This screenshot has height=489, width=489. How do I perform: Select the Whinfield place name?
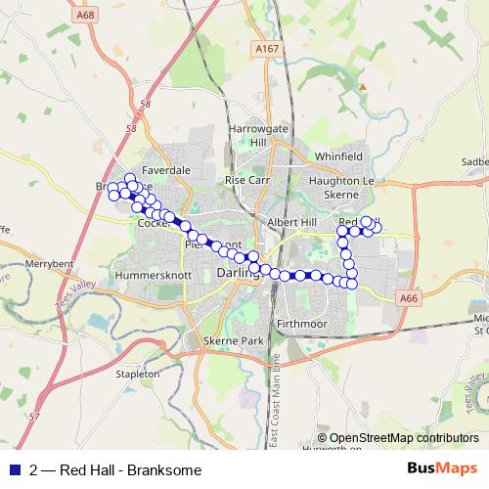pyautogui.click(x=337, y=156)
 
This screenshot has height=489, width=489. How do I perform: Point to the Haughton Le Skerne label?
pyautogui.click(x=341, y=189)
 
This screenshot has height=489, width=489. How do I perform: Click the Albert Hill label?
pyautogui.click(x=292, y=223)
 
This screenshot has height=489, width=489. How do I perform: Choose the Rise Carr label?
pyautogui.click(x=246, y=181)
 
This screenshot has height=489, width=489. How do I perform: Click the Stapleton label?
pyautogui.click(x=137, y=374)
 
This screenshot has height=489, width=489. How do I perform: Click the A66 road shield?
pyautogui.click(x=408, y=297)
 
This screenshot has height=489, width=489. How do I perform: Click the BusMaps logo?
pyautogui.click(x=442, y=469)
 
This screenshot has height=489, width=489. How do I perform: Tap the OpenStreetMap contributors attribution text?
pyautogui.click(x=397, y=438)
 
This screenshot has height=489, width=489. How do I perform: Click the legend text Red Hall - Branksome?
pyautogui.click(x=130, y=470)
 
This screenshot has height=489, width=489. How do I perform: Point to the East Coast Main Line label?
pyautogui.click(x=277, y=401)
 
